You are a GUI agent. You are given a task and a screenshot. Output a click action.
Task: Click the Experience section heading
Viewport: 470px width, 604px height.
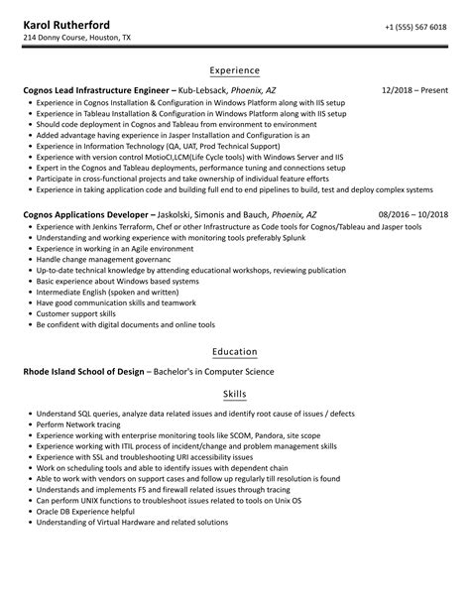tap(234, 71)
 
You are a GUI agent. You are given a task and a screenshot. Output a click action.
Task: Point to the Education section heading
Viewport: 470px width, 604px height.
tap(234, 352)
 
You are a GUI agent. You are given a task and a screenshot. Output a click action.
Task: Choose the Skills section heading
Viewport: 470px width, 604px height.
tap(234, 394)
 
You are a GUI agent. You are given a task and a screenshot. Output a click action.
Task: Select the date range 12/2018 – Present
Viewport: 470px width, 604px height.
tap(413, 90)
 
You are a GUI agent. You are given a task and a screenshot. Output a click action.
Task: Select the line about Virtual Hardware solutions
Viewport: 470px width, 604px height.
tap(132, 522)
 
